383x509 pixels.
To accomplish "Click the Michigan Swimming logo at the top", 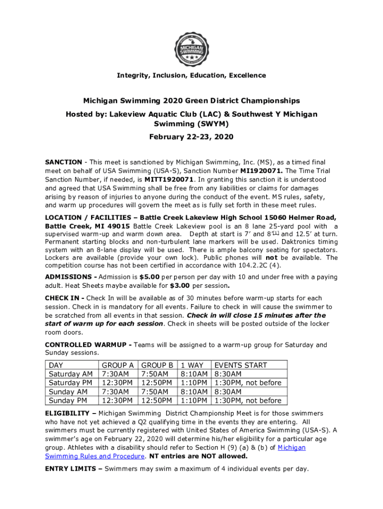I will [x=191, y=50].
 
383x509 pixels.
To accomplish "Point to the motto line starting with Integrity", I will [x=191, y=76].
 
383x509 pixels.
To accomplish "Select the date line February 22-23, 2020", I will [x=191, y=137].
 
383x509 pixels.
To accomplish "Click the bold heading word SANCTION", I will [x=64, y=162].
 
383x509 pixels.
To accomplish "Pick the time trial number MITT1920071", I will [x=168, y=179].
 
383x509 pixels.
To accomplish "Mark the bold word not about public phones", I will [x=272, y=257].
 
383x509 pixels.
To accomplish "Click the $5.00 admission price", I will [x=149, y=276].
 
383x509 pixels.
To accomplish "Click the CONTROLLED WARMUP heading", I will [x=87, y=344].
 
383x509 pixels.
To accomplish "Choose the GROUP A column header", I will [x=117, y=365].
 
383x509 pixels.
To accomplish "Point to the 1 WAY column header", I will [x=192, y=365].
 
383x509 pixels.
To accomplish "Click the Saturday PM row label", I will [x=70, y=383].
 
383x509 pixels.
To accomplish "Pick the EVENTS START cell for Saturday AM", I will [x=228, y=374].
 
